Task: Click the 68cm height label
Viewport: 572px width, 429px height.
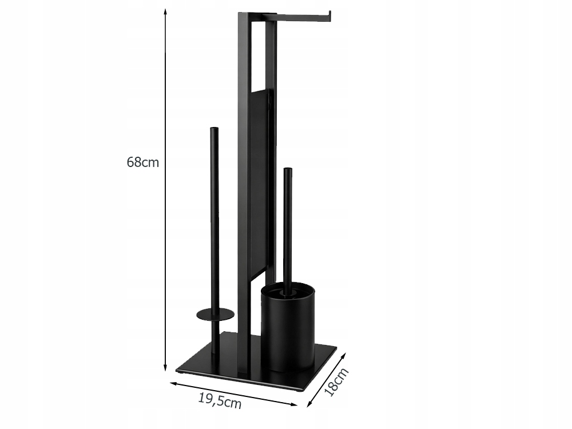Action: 142,162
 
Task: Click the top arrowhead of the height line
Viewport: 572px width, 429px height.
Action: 165,13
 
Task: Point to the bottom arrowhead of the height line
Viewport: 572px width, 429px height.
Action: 165,368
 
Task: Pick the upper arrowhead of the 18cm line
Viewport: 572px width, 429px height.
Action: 343,355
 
